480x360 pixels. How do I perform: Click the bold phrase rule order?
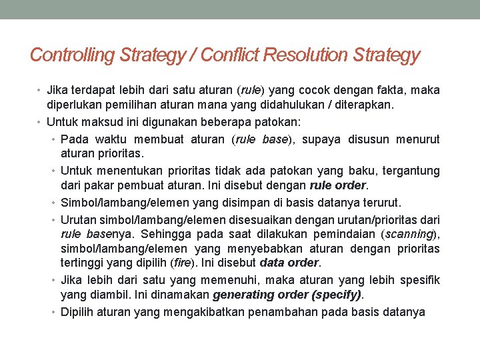pyautogui.click(x=339, y=185)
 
